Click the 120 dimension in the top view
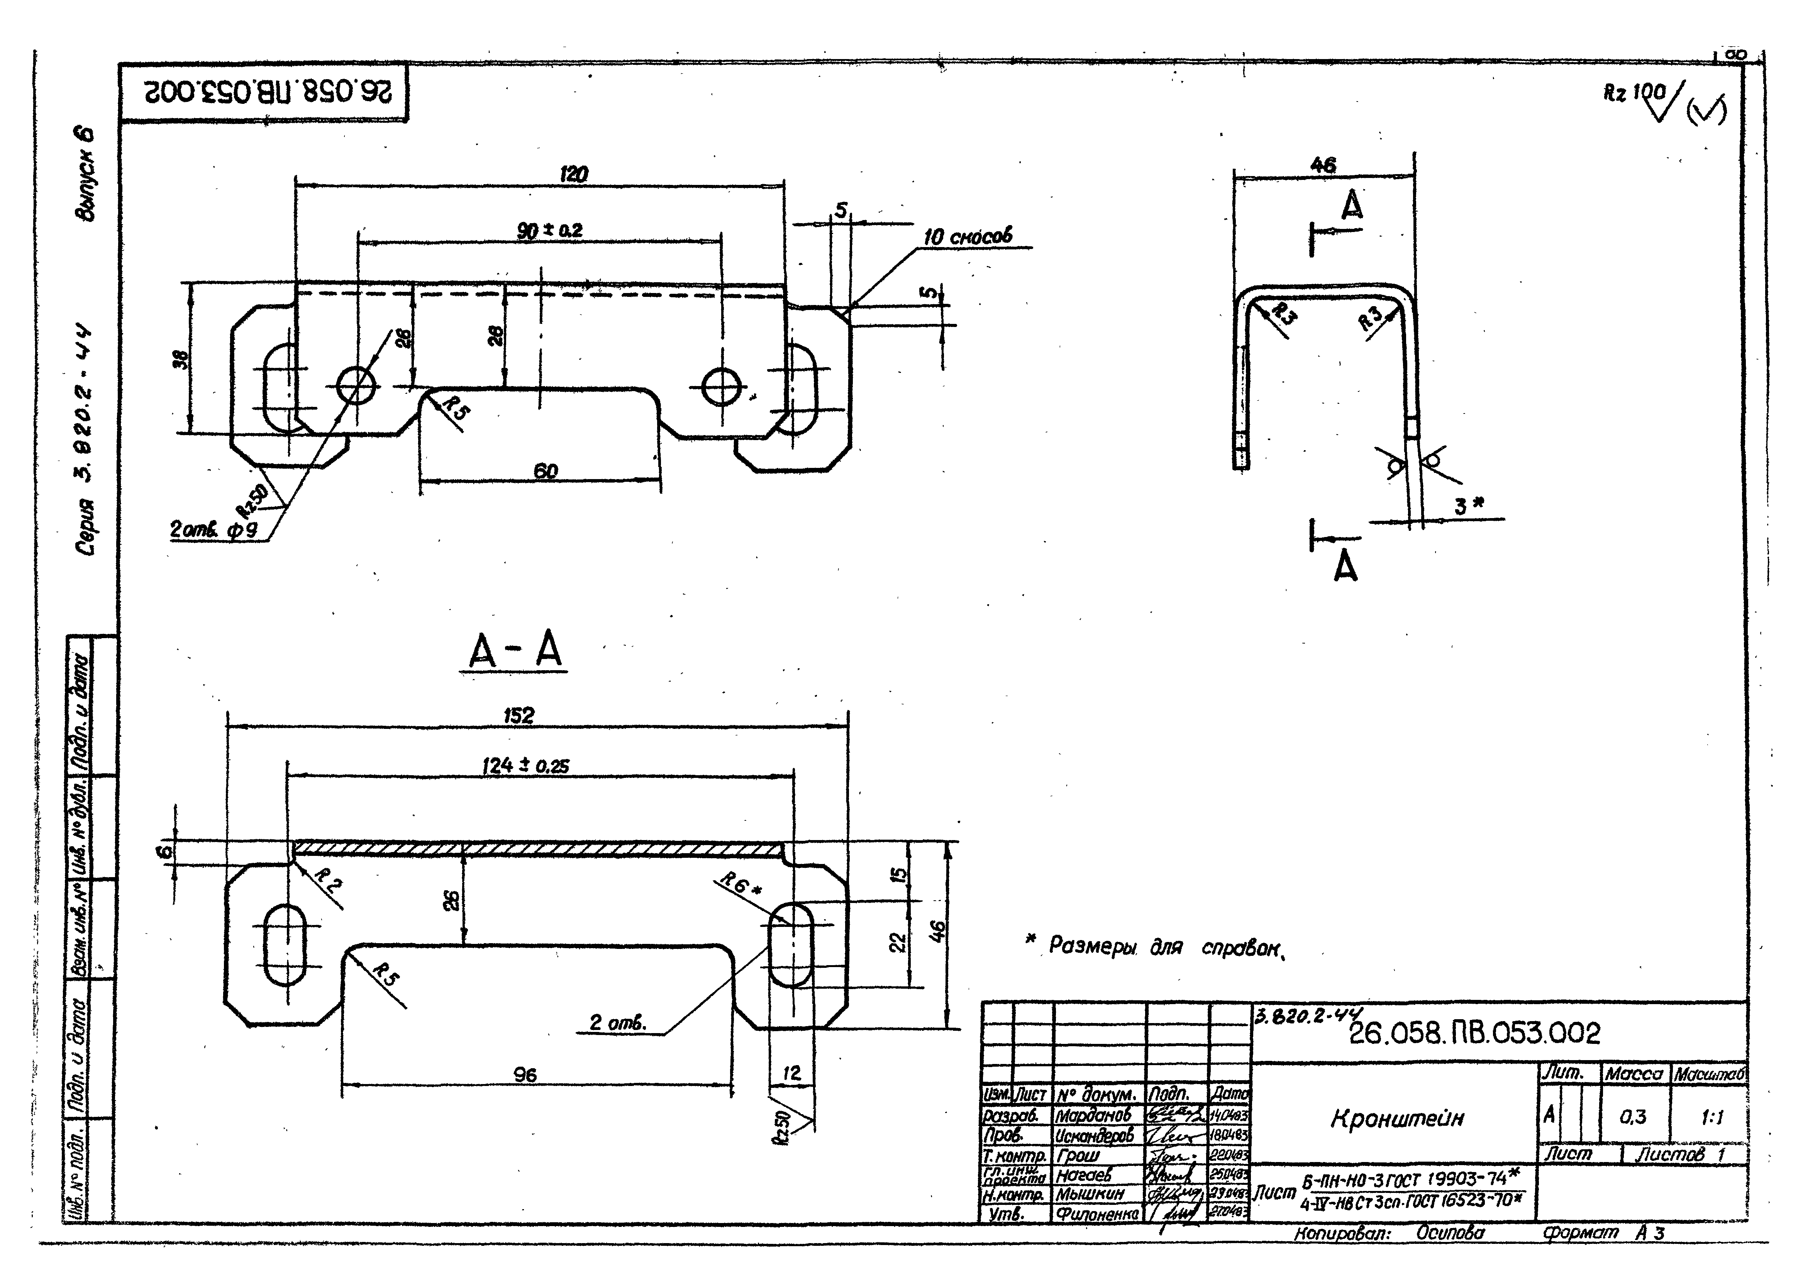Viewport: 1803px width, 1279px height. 573,174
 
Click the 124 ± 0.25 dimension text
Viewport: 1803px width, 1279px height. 525,766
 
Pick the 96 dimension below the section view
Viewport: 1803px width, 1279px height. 525,1075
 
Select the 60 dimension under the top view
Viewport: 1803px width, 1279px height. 545,471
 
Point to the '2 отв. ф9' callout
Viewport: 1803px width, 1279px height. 213,530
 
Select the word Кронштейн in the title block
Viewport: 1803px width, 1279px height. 1396,1118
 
